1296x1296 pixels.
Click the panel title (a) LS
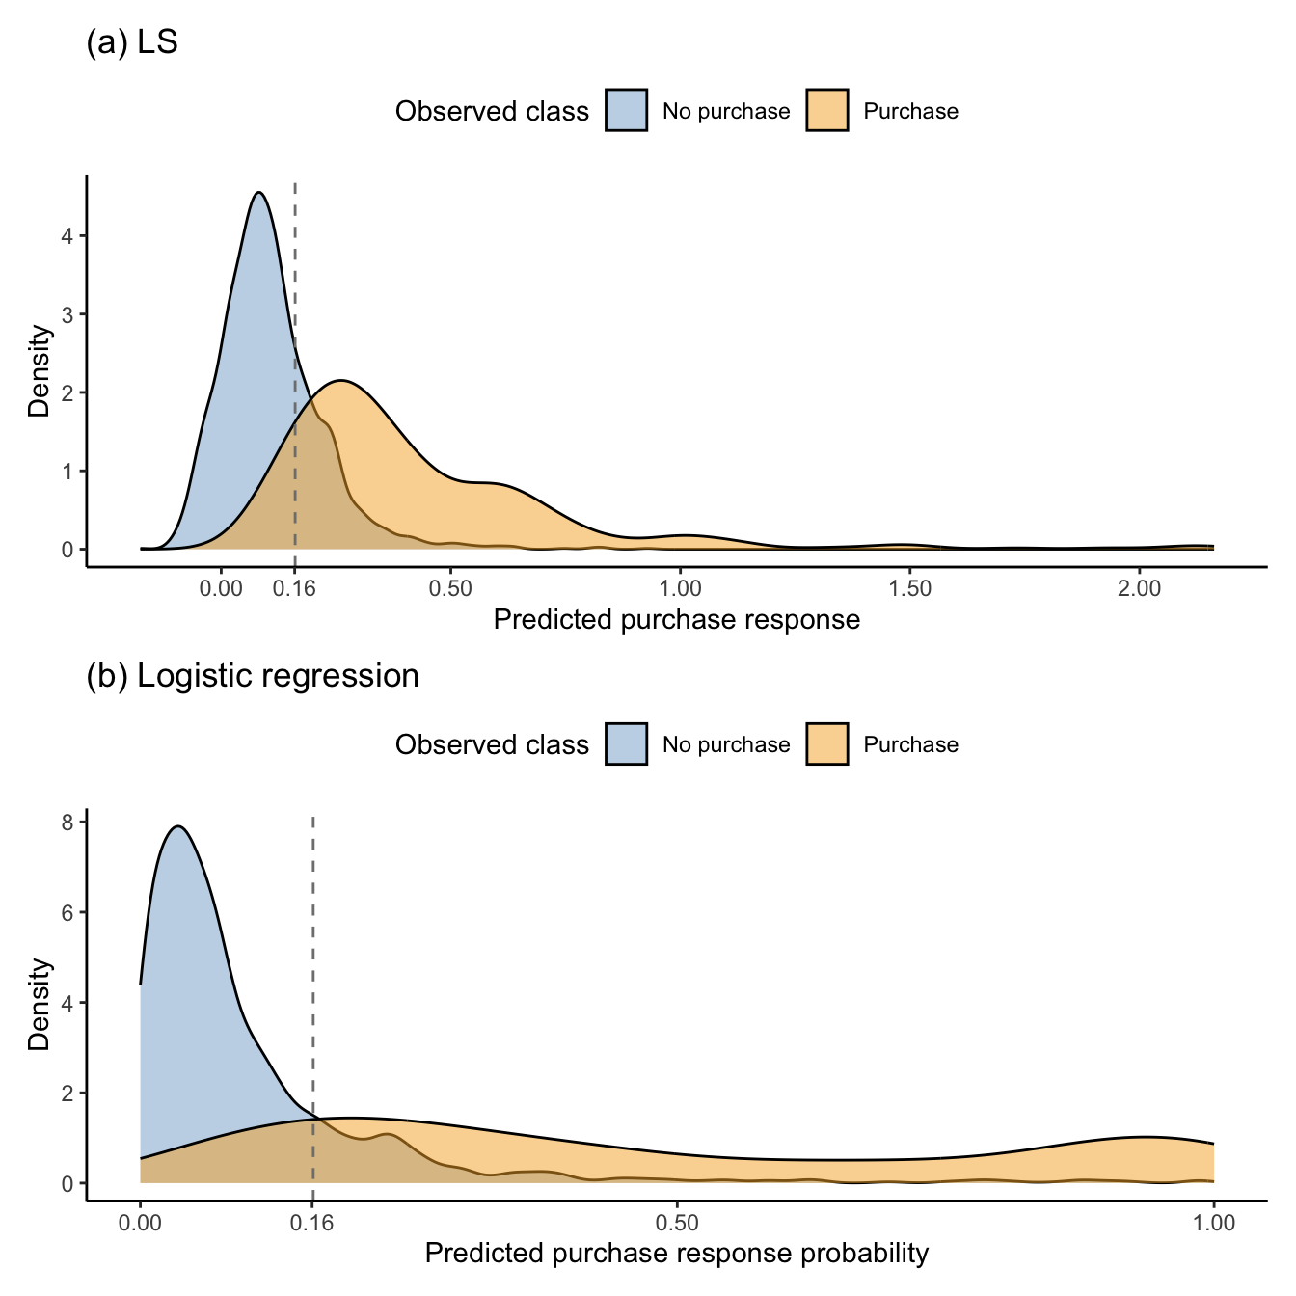click(x=132, y=43)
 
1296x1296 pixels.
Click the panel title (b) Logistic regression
click(x=253, y=676)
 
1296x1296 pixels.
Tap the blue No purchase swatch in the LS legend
click(x=627, y=110)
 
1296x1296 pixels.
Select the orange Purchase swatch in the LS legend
click(x=827, y=110)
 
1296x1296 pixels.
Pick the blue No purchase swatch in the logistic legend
click(x=627, y=743)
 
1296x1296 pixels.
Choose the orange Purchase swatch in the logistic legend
click(x=827, y=743)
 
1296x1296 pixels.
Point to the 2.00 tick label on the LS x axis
click(x=1139, y=589)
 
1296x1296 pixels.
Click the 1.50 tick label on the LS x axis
click(x=909, y=589)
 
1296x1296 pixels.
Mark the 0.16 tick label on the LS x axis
click(x=294, y=589)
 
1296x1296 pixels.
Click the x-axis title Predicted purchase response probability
click(x=676, y=1254)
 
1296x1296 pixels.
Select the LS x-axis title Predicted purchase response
click(x=676, y=620)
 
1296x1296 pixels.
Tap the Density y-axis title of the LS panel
click(x=40, y=371)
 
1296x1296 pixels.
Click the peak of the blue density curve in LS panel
click(x=259, y=193)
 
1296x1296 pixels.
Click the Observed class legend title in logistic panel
click(x=492, y=744)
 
